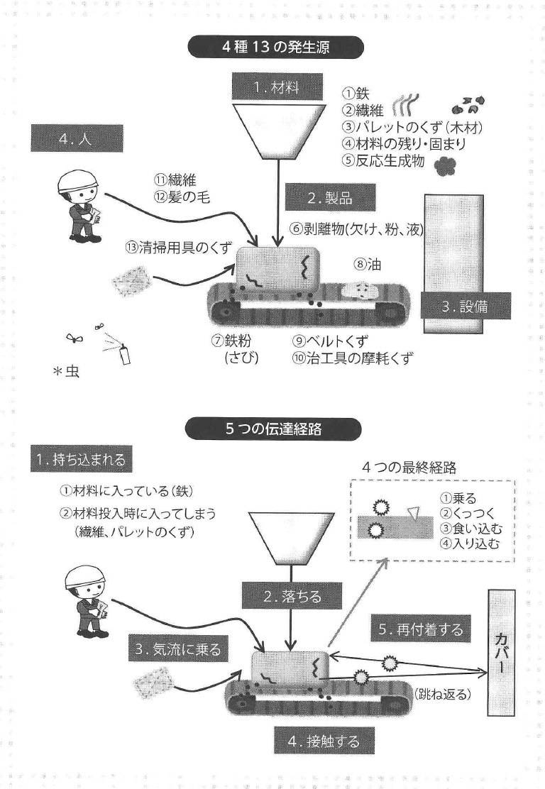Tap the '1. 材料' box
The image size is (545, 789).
272,88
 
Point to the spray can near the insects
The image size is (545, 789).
125,353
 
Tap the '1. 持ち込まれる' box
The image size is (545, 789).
78,459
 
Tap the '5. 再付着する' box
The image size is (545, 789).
420,628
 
